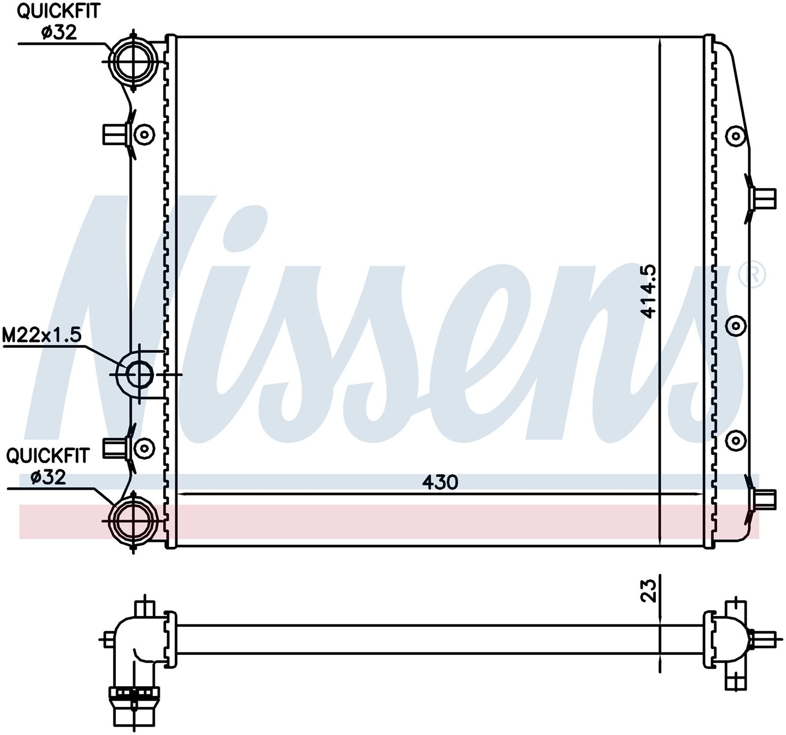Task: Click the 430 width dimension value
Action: click(x=440, y=482)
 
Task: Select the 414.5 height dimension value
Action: click(x=649, y=291)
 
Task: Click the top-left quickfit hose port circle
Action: click(x=133, y=61)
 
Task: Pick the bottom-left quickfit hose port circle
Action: click(x=133, y=522)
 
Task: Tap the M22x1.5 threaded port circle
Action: click(x=140, y=374)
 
